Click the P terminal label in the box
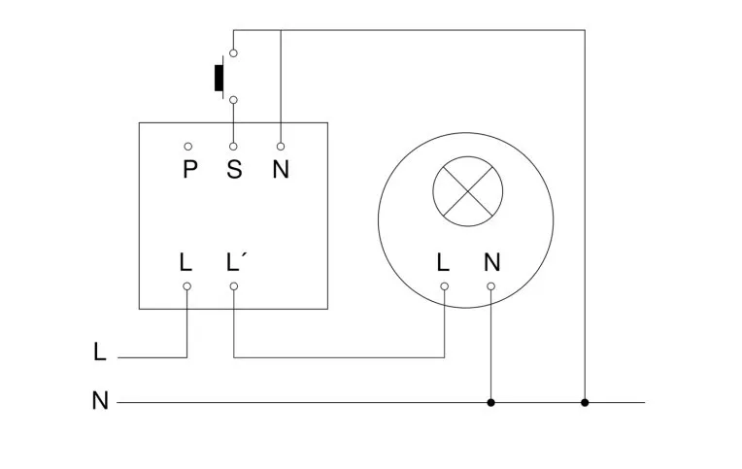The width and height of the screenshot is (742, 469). pyautogui.click(x=189, y=170)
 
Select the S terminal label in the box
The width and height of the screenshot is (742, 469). pyautogui.click(x=234, y=170)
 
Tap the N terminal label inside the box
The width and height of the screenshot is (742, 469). pyautogui.click(x=281, y=170)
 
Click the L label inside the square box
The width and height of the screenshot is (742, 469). pyautogui.click(x=185, y=262)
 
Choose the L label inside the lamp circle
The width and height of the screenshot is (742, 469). pyautogui.click(x=443, y=262)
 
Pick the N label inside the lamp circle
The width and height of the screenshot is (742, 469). pyautogui.click(x=491, y=262)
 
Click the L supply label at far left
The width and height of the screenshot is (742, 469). pyautogui.click(x=100, y=352)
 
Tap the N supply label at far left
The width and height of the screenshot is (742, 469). pyautogui.click(x=100, y=400)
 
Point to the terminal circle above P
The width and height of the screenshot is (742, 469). pyautogui.click(x=187, y=146)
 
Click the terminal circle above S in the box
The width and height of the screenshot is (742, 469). pyautogui.click(x=234, y=146)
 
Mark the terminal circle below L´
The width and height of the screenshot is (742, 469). pyautogui.click(x=234, y=286)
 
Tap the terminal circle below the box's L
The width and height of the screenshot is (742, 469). pyautogui.click(x=186, y=286)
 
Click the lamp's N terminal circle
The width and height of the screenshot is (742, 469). pyautogui.click(x=491, y=286)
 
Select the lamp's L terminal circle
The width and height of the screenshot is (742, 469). pyautogui.click(x=444, y=286)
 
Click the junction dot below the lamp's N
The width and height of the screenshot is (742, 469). pyautogui.click(x=491, y=402)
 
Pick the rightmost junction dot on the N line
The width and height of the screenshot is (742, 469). pyautogui.click(x=585, y=402)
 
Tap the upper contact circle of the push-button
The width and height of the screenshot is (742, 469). pyautogui.click(x=234, y=51)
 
